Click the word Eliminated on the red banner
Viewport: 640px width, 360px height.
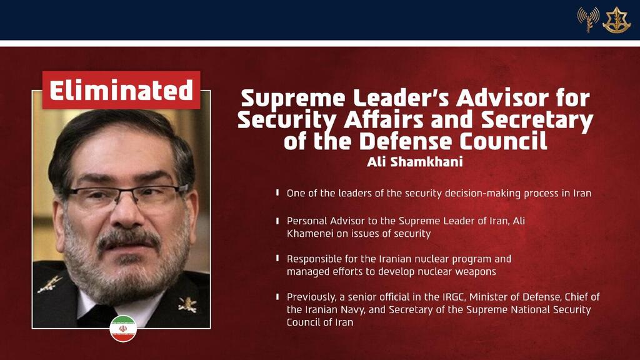point(121,90)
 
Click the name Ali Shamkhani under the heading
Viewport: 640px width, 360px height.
point(415,162)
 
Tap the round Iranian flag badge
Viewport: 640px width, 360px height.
point(123,329)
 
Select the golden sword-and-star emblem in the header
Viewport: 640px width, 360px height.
point(616,20)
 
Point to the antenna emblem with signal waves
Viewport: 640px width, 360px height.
point(588,19)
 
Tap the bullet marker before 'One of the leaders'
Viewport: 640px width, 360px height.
point(277,192)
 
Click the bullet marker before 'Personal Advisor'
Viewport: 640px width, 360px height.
point(277,221)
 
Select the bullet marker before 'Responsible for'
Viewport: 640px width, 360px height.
point(277,258)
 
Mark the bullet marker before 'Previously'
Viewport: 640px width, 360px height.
point(277,296)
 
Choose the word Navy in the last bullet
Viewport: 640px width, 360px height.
point(355,310)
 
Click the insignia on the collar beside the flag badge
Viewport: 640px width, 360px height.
point(187,304)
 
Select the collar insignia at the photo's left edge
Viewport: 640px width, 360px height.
point(49,284)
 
